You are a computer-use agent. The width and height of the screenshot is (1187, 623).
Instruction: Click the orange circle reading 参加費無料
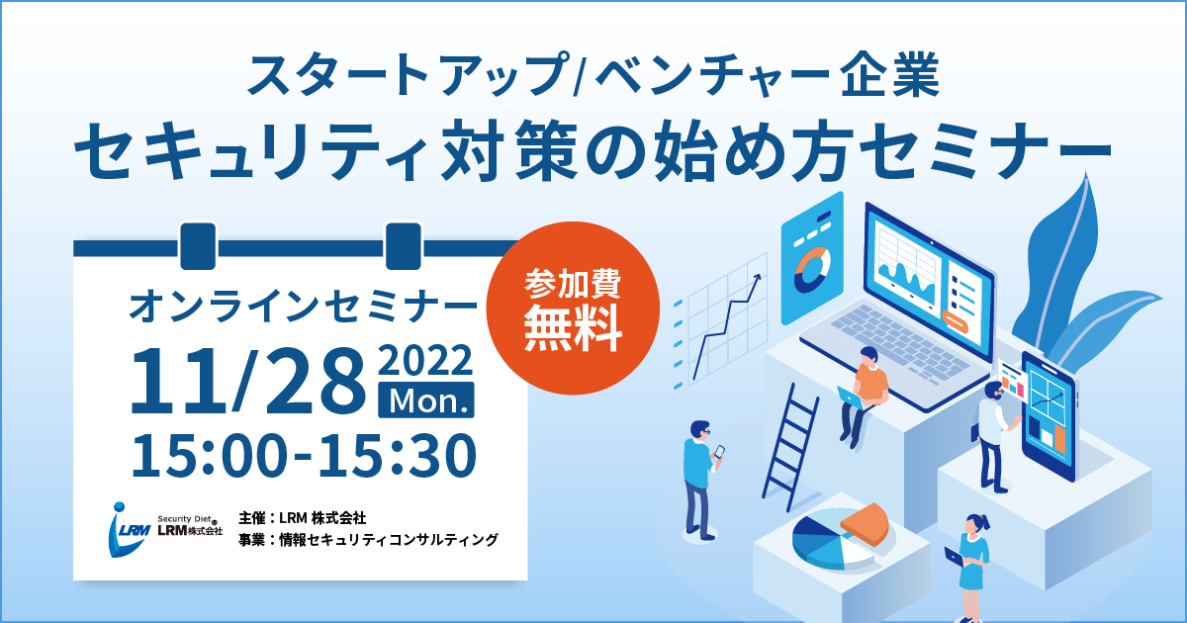(573, 308)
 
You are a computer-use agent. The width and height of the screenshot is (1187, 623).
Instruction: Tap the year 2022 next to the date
(425, 361)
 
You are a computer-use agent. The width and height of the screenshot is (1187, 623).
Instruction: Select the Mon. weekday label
(426, 400)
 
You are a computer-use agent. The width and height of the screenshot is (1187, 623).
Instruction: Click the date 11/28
(248, 381)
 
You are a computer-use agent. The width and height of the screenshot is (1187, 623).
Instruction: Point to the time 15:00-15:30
(304, 456)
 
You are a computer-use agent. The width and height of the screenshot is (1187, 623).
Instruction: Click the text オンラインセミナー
(303, 307)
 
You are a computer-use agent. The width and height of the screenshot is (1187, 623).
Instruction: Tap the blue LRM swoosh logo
(128, 529)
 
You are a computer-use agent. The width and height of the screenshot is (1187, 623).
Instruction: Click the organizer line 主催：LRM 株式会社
(302, 517)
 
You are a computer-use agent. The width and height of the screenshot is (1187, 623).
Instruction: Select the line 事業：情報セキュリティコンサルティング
(368, 540)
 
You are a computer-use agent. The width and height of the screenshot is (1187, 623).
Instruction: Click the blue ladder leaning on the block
(789, 447)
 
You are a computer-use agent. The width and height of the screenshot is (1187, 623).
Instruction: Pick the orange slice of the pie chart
(865, 523)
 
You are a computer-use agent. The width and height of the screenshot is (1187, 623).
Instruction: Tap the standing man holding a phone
(702, 480)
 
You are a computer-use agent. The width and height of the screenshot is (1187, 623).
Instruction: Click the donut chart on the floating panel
(812, 269)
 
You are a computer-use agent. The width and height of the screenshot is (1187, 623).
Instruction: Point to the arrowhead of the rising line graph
(758, 278)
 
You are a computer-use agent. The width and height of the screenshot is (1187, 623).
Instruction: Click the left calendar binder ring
(198, 246)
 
